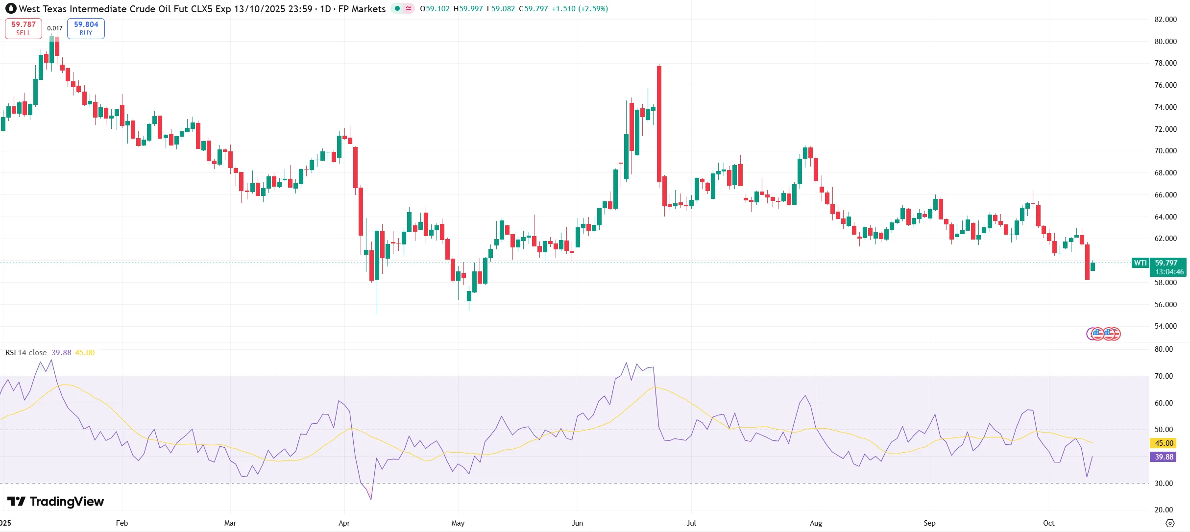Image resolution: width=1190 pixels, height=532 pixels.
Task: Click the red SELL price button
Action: pyautogui.click(x=24, y=28)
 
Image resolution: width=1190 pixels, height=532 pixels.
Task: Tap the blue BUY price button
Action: pyautogui.click(x=86, y=28)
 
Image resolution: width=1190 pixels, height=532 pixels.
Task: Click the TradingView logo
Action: pyautogui.click(x=55, y=502)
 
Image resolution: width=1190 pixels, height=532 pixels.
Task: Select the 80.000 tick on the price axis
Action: pyautogui.click(x=1166, y=42)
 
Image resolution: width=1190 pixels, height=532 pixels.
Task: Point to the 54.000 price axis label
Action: pyautogui.click(x=1166, y=326)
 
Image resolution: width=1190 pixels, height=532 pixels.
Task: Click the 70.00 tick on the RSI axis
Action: pyautogui.click(x=1164, y=376)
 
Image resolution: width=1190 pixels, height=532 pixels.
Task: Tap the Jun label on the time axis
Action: pyautogui.click(x=577, y=523)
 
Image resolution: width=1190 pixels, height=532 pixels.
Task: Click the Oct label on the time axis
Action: pyautogui.click(x=1048, y=523)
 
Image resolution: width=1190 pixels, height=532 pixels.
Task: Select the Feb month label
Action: pyautogui.click(x=122, y=523)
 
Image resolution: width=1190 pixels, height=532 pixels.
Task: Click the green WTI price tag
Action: pyautogui.click(x=1140, y=263)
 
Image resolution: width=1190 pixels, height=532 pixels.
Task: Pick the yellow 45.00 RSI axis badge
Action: pyautogui.click(x=1164, y=443)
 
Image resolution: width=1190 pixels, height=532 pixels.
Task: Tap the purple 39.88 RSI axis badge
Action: pyautogui.click(x=1164, y=457)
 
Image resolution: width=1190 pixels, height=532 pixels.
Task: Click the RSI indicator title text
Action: pyautogui.click(x=26, y=353)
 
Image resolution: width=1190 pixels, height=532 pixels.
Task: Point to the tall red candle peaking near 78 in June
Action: pyautogui.click(x=659, y=122)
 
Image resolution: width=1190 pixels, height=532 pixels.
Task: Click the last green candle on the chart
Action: pyautogui.click(x=1093, y=266)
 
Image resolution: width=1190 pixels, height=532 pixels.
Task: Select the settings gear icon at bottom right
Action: pyautogui.click(x=1170, y=523)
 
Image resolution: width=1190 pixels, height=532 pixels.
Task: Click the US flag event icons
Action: pyautogui.click(x=1103, y=334)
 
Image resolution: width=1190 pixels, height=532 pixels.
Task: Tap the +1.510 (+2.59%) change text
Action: pyautogui.click(x=580, y=9)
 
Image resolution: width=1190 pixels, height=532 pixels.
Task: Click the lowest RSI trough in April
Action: pyautogui.click(x=371, y=499)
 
